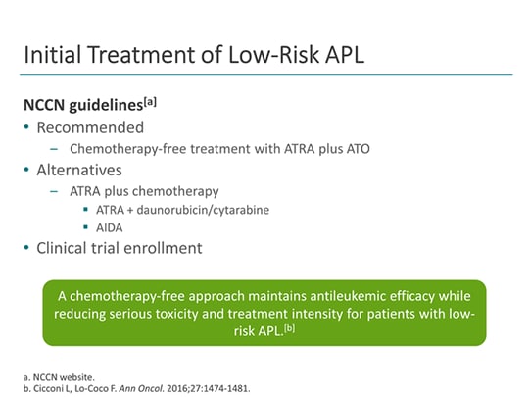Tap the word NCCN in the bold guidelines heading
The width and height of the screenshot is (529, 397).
46,104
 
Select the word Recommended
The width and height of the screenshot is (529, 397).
90,127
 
